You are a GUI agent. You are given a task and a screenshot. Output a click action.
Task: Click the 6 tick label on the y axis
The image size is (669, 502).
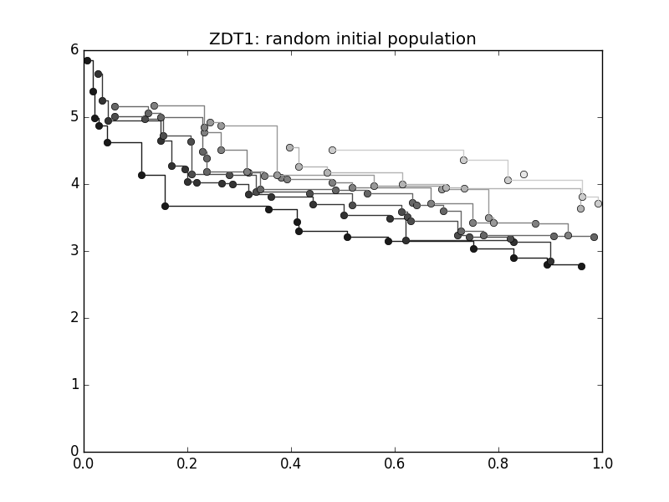click(x=74, y=49)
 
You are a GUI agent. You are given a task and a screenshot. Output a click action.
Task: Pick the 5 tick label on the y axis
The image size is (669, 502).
click(x=74, y=116)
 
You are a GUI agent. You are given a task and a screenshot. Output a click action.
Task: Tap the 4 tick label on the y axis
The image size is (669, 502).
click(x=74, y=183)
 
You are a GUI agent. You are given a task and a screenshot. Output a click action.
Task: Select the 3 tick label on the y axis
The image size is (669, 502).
click(x=74, y=250)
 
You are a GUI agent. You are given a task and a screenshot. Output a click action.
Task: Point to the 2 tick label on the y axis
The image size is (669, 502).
click(x=74, y=317)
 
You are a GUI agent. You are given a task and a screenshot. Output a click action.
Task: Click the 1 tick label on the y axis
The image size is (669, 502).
click(x=74, y=384)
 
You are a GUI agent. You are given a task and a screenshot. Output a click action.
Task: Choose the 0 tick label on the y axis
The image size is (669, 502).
click(x=74, y=451)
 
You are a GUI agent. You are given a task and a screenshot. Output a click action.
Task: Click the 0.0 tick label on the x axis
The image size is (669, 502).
click(x=84, y=464)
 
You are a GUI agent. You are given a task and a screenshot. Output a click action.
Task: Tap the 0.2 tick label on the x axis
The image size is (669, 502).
click(x=187, y=464)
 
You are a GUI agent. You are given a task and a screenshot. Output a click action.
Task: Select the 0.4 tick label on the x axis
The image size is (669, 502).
click(x=291, y=464)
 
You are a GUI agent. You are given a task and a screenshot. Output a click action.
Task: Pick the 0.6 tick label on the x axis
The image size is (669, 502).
click(x=395, y=464)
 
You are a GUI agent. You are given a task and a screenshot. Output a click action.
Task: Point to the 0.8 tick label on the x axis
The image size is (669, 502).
click(x=498, y=464)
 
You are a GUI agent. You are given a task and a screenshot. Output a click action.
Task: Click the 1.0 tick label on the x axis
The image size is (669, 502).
click(x=602, y=464)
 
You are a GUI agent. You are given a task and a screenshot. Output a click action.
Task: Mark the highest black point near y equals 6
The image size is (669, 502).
click(x=87, y=60)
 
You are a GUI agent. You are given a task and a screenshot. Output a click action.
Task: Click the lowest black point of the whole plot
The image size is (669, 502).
click(x=581, y=266)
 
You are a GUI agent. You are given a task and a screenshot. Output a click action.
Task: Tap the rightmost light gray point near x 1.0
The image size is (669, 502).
click(x=598, y=203)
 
